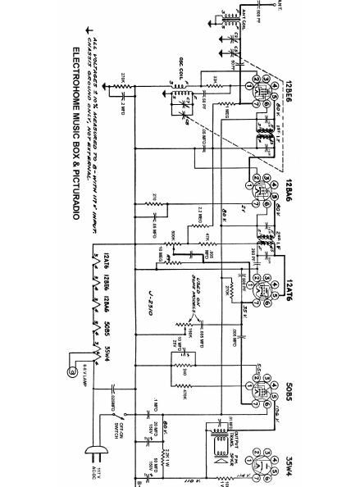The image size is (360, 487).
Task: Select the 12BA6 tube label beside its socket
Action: pos(289,188)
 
